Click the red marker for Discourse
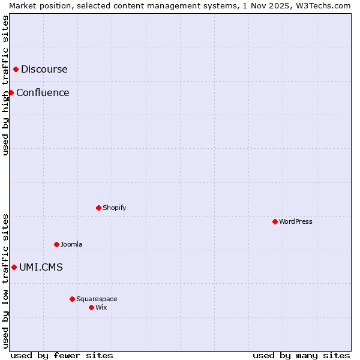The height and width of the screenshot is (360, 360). (16, 70)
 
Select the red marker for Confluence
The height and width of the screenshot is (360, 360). (11, 92)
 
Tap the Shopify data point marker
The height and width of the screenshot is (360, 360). (98, 208)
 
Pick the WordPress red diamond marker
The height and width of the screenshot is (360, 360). (275, 221)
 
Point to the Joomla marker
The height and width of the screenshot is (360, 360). (56, 244)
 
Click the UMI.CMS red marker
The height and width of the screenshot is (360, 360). (14, 267)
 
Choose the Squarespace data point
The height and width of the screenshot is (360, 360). (72, 299)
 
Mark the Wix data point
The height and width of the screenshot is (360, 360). (91, 307)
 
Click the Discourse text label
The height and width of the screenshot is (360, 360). (44, 70)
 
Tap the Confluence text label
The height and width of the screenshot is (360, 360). (43, 92)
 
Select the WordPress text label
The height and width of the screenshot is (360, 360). (296, 221)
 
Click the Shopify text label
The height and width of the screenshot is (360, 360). (115, 208)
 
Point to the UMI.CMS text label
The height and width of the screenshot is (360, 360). (41, 268)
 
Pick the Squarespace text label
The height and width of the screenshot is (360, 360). (97, 299)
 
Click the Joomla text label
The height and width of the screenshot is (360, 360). (71, 244)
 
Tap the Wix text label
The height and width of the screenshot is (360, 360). (101, 307)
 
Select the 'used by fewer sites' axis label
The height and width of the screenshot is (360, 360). (62, 355)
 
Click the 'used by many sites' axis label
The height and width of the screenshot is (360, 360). (301, 355)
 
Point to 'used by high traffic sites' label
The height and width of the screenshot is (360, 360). (5, 85)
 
